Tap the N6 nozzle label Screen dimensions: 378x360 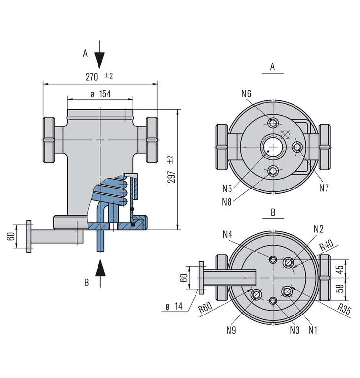[x=246, y=94]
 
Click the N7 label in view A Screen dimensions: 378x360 [x=324, y=187]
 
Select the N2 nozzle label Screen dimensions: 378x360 [x=318, y=228]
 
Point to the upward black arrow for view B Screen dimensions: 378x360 [x=100, y=271]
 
